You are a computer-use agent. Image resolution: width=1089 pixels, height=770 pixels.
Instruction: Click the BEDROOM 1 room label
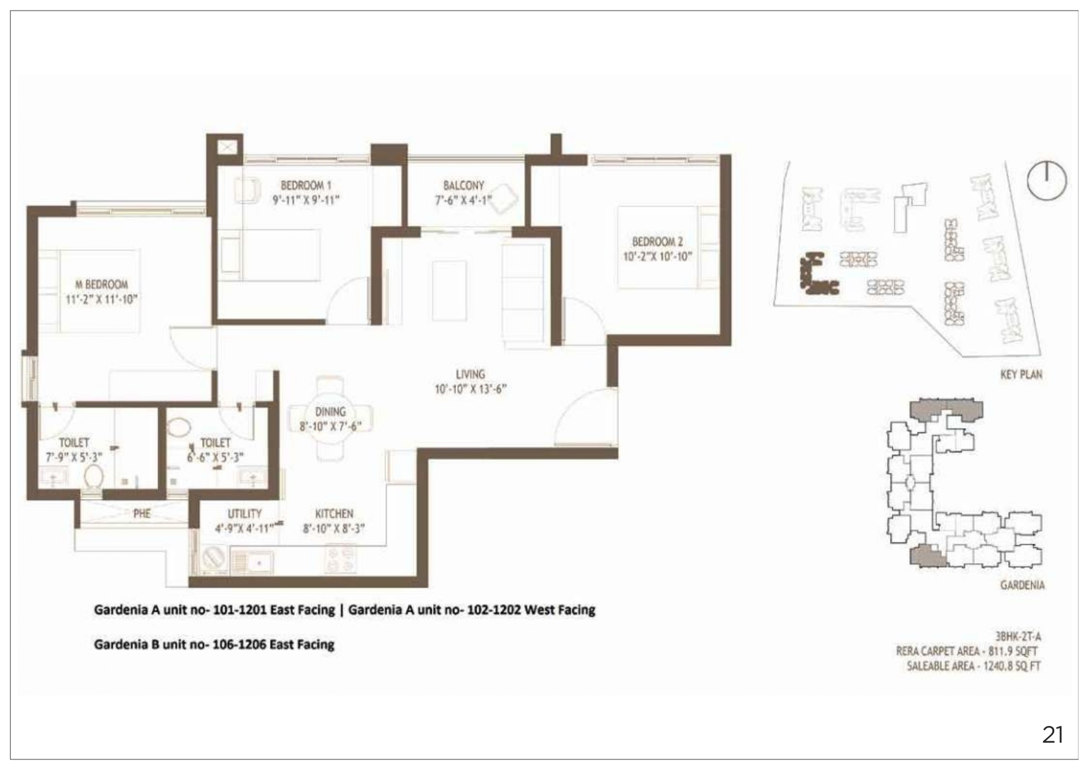pyautogui.click(x=306, y=185)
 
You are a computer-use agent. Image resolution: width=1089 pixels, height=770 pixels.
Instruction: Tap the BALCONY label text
pyautogui.click(x=464, y=186)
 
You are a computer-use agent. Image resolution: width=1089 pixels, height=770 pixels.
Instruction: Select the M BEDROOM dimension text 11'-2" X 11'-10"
pyautogui.click(x=102, y=299)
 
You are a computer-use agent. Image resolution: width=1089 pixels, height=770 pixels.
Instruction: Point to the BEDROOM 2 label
pyautogui.click(x=657, y=241)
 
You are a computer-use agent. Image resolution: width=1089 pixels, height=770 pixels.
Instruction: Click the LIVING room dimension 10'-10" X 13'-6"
pyautogui.click(x=470, y=389)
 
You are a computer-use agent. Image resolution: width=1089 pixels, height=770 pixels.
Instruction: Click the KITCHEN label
pyautogui.click(x=334, y=514)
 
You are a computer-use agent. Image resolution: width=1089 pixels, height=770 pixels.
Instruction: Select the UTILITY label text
pyautogui.click(x=244, y=514)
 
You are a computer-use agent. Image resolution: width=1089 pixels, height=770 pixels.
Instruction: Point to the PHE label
pyautogui.click(x=142, y=513)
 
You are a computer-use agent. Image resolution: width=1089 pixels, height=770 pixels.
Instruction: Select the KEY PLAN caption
pyautogui.click(x=1021, y=374)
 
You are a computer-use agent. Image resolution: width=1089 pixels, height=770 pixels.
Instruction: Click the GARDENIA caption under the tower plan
pyautogui.click(x=1022, y=584)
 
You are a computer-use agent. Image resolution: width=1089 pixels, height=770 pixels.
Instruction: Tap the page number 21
pyautogui.click(x=1052, y=735)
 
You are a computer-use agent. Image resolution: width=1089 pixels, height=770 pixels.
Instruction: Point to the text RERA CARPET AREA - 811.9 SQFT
pyautogui.click(x=967, y=651)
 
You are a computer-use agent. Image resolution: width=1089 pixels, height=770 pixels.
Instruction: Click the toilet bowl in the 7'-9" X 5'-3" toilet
pyautogui.click(x=94, y=478)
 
